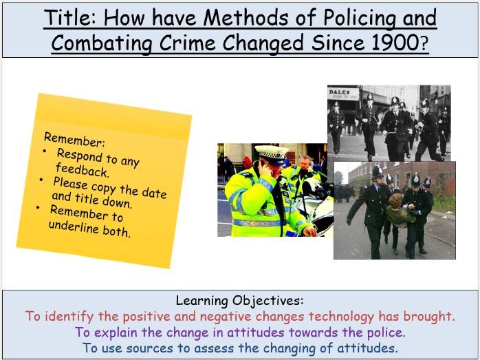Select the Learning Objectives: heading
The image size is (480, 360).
(x=239, y=301)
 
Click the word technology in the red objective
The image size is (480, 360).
(x=328, y=317)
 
